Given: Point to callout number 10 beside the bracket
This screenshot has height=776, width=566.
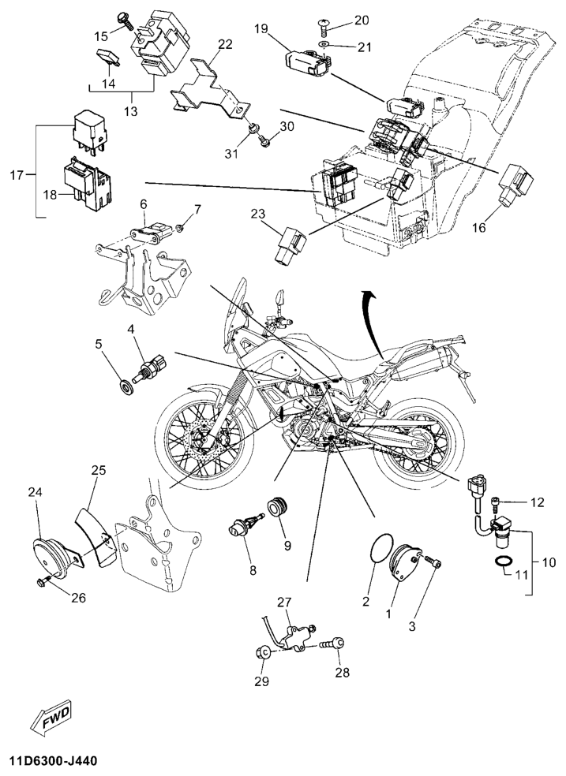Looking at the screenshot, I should coord(547,562).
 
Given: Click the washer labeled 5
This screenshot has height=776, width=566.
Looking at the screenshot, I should coord(125,386).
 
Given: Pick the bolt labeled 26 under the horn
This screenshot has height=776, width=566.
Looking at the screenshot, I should coord(42,582).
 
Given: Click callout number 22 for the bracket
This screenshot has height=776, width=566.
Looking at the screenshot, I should coord(226,44).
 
